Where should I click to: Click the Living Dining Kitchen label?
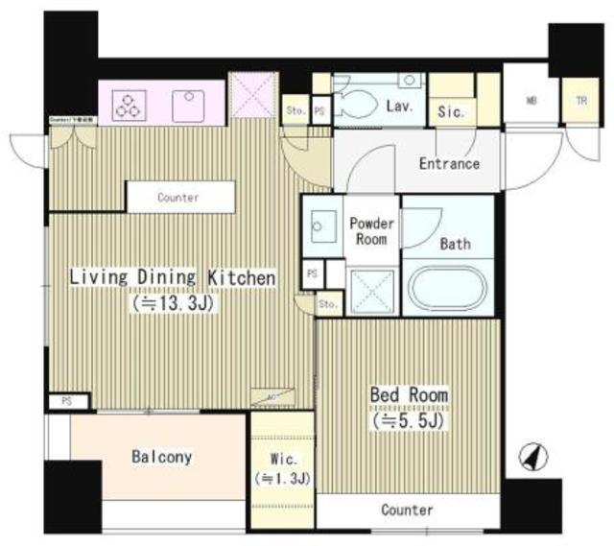click(x=172, y=278)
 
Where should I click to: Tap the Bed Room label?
click(x=410, y=395)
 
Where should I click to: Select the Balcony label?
click(x=161, y=458)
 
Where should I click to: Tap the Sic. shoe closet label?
click(x=451, y=111)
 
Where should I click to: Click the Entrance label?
click(x=449, y=164)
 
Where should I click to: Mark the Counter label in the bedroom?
click(x=407, y=510)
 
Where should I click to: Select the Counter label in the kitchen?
click(x=178, y=198)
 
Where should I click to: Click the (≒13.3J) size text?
click(x=173, y=304)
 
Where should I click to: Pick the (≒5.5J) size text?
click(x=410, y=420)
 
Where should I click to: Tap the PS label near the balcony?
click(x=65, y=400)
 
